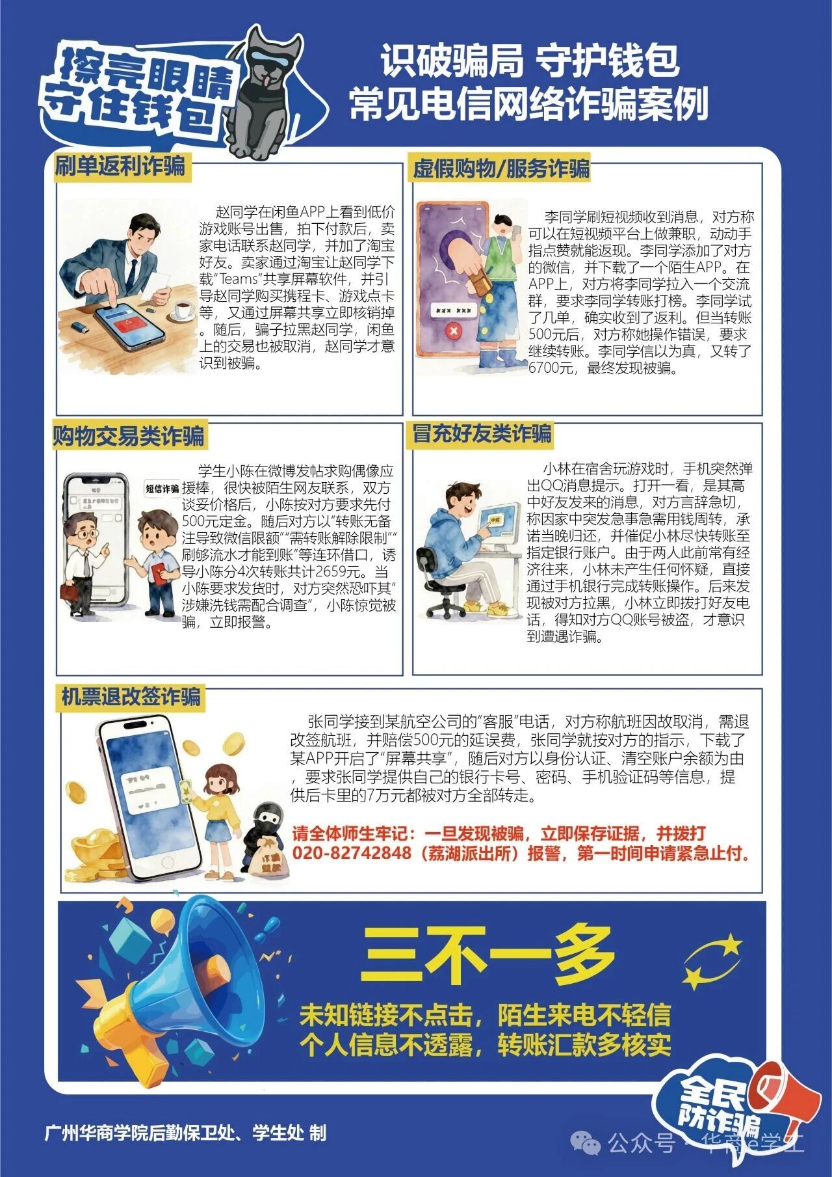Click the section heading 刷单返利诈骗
[120, 167]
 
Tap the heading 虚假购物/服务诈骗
[501, 169]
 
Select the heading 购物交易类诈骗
[129, 436]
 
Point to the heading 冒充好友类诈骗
[482, 433]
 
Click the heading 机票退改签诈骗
[131, 697]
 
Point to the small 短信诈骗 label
[162, 489]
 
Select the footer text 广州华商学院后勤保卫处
[136, 1133]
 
